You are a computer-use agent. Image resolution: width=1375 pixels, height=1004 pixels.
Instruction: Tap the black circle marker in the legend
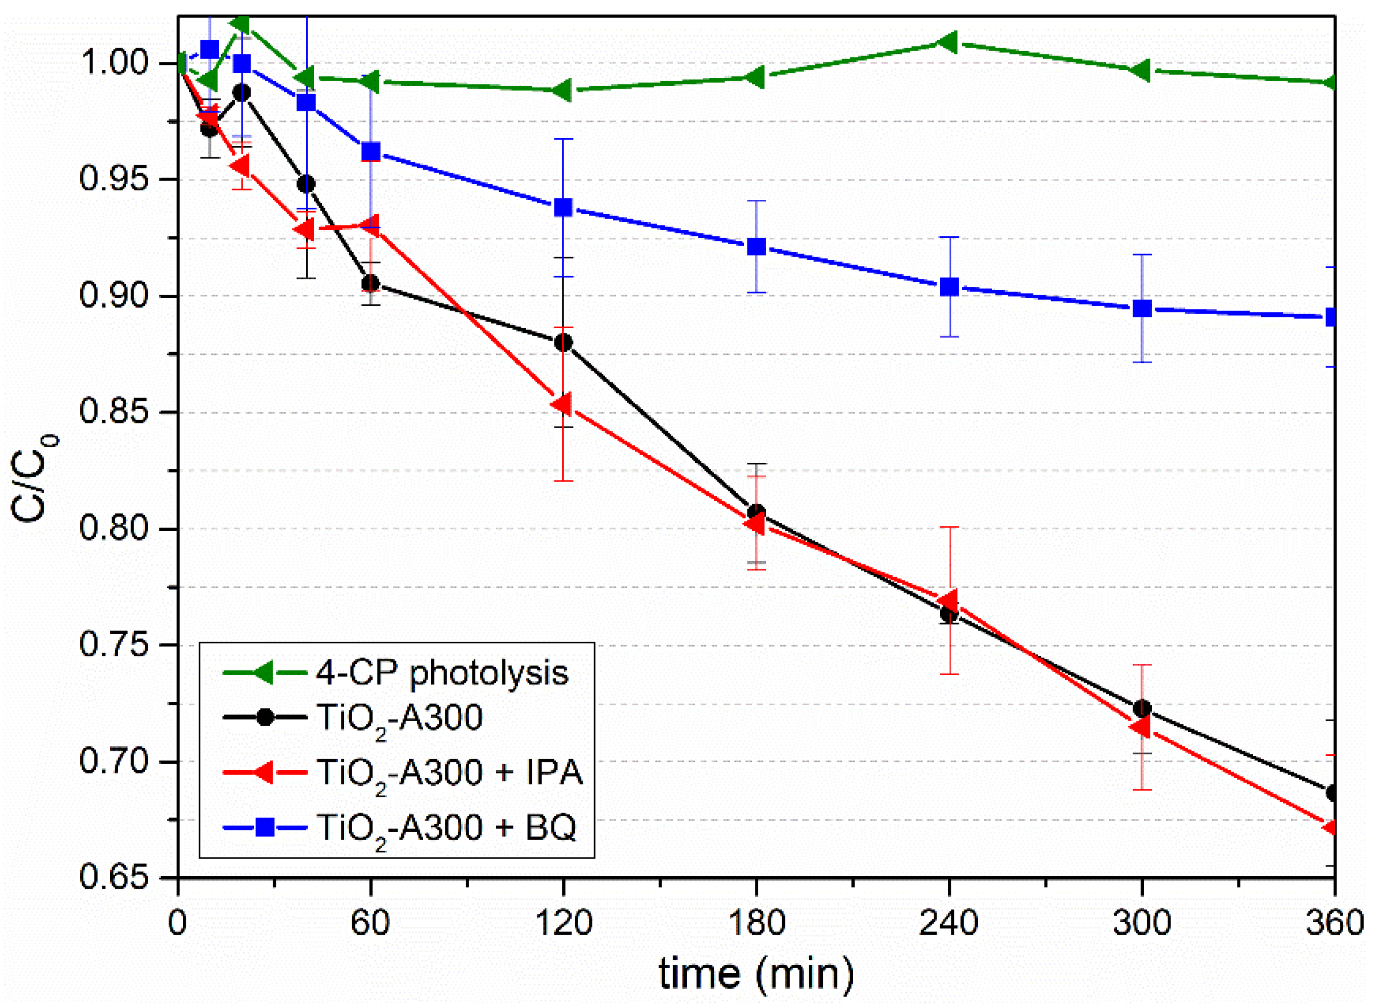coord(265,717)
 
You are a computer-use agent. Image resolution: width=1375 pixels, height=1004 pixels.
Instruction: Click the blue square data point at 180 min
coord(756,246)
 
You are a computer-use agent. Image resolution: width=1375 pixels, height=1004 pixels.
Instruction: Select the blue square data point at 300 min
coord(1142,308)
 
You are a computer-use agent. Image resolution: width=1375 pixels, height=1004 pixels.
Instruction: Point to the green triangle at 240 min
coord(948,42)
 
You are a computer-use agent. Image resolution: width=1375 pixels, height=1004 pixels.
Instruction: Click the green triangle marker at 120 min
coord(562,90)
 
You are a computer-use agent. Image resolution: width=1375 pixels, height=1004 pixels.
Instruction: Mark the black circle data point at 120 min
coord(563,343)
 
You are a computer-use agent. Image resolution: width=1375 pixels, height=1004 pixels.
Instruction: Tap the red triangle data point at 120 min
coord(562,404)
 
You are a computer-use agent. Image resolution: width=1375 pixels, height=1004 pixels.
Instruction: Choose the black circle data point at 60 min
coord(370,283)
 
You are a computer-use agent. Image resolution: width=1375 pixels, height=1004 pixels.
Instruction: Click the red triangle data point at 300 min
coord(1140,727)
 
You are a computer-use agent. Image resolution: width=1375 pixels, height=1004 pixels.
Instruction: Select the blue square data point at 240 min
coord(949,287)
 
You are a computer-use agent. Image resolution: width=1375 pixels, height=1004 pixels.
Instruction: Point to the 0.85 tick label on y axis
coord(113,413)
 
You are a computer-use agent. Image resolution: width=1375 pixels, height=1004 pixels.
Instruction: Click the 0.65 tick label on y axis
coord(113,877)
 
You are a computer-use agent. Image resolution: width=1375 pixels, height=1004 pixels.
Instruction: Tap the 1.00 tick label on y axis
coord(113,63)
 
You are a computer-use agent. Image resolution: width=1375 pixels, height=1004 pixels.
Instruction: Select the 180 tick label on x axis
coord(755,923)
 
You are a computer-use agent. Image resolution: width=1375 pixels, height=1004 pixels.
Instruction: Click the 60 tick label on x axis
coord(370,923)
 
